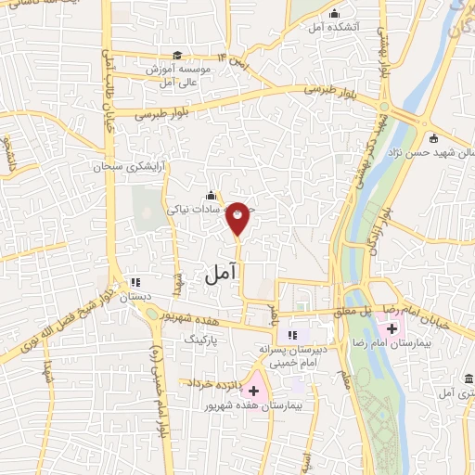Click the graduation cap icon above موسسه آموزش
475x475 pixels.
click(177, 56)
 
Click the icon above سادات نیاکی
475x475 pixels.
click(212, 195)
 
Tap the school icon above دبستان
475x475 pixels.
click(136, 281)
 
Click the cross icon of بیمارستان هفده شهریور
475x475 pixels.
click(253, 391)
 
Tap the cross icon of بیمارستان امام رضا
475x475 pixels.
click(392, 328)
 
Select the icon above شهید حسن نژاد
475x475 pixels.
click(434, 138)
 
